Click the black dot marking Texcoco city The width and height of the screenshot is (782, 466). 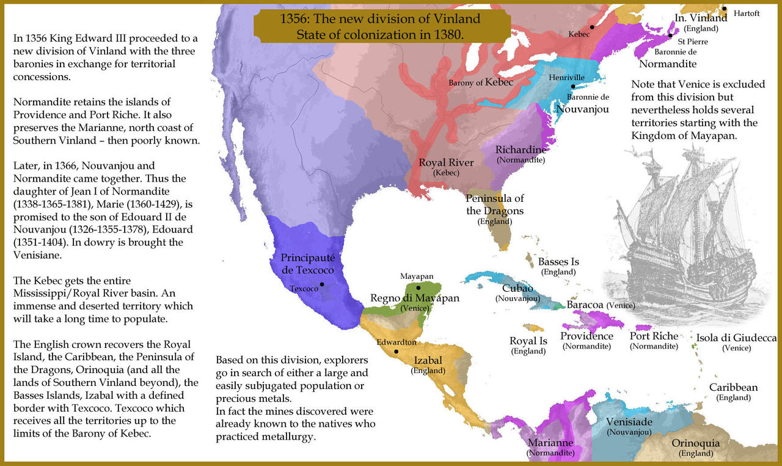(x=322, y=284)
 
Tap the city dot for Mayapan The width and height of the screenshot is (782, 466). (x=418, y=287)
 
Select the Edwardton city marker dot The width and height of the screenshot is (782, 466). (x=396, y=352)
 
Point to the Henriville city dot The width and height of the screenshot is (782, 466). (x=573, y=86)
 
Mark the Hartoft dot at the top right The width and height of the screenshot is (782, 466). (x=724, y=9)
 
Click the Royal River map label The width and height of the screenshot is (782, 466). (x=441, y=163)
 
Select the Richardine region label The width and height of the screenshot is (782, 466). (x=521, y=150)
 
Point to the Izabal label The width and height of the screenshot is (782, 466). (x=428, y=361)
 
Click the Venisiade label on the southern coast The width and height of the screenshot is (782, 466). (x=629, y=422)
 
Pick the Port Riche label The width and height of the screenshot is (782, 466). (x=654, y=336)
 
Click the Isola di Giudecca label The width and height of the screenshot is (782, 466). (x=736, y=338)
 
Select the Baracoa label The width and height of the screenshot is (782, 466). (x=586, y=304)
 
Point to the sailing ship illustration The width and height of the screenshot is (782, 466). (x=684, y=232)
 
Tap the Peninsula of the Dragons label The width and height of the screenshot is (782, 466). (x=494, y=205)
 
